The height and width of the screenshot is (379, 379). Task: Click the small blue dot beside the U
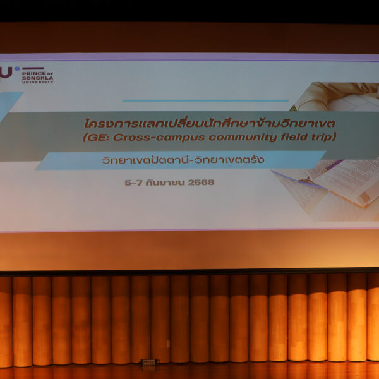click(x=17, y=69)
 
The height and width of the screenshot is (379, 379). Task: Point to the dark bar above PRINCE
click(x=33, y=68)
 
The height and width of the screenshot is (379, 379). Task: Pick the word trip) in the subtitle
click(x=317, y=137)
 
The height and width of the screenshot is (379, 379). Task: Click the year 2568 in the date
click(x=201, y=183)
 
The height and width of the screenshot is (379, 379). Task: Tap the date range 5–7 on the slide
click(x=133, y=183)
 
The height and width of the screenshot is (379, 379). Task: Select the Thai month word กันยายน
click(x=165, y=183)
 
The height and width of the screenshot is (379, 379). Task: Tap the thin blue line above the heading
click(x=205, y=100)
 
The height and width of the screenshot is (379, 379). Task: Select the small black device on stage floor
click(x=148, y=363)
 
